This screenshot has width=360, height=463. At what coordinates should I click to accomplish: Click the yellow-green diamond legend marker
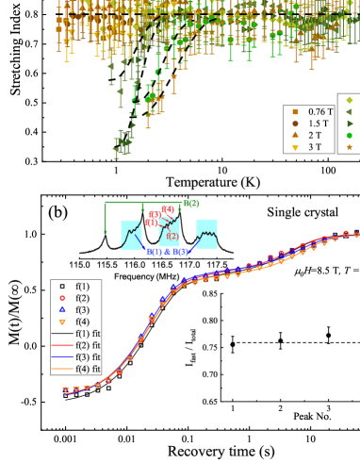pos(350,100)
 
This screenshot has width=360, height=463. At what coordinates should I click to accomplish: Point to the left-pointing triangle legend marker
pos(350,111)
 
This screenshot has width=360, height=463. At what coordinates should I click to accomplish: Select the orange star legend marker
pos(350,147)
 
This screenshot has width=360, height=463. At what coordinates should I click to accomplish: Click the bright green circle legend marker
pos(350,135)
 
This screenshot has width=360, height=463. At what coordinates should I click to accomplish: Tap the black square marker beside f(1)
pos(61,286)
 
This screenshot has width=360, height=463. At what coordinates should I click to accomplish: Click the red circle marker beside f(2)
pos(61,298)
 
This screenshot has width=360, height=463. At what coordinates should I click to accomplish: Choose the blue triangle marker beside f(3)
pos(61,309)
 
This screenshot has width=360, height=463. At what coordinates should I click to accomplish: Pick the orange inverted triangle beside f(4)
pos(61,322)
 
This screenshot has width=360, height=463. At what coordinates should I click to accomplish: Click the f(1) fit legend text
pos(88,334)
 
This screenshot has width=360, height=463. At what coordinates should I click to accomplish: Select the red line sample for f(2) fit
pos(61,345)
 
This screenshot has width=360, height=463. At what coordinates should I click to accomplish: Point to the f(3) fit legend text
pos(88,357)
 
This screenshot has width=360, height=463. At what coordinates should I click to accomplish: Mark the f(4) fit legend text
pos(88,369)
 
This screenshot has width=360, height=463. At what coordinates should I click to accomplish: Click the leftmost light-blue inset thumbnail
pos(131,235)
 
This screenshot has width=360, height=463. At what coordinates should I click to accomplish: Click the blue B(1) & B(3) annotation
pos(167,252)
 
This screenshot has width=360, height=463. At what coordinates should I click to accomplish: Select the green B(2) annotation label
pos(190,203)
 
